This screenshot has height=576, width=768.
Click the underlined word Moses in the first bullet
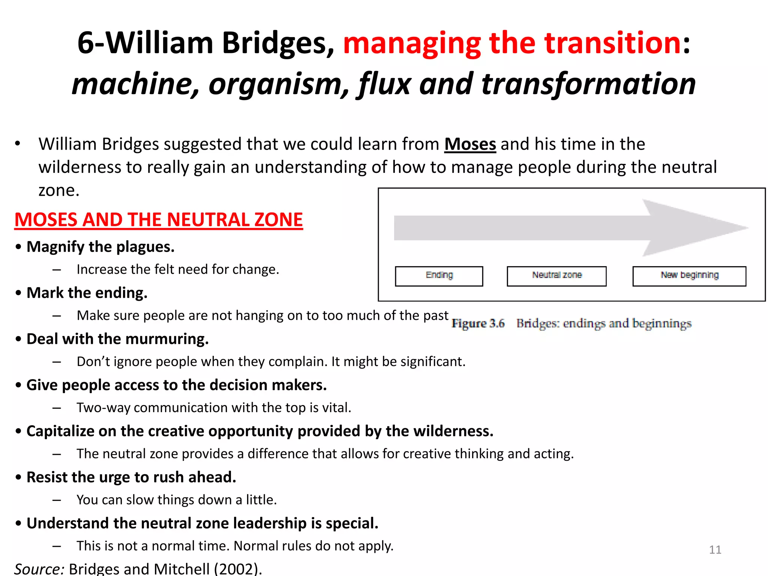[470, 144]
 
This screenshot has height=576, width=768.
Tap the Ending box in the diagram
[439, 276]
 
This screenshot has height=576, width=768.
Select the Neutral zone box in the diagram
[556, 276]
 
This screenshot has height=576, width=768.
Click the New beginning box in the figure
[689, 276]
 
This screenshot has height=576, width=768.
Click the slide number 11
[715, 550]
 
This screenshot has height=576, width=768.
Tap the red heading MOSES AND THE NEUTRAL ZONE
[159, 220]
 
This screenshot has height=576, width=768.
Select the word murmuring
[167, 339]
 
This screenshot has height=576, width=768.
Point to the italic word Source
[39, 569]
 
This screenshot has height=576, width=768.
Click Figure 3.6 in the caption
[478, 323]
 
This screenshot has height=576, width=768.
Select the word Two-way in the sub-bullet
[103, 408]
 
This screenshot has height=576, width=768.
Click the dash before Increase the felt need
[57, 270]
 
